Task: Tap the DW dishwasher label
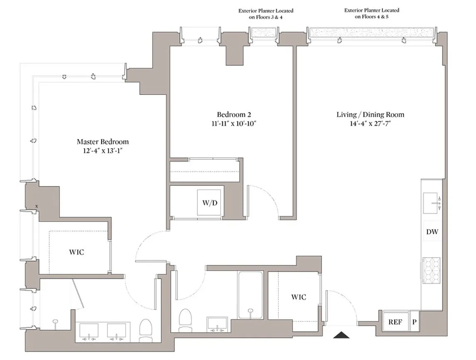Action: (x=432, y=232)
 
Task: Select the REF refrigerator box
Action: (x=395, y=322)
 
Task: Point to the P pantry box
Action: (x=414, y=322)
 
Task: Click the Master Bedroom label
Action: (x=103, y=142)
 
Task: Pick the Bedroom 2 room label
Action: (x=234, y=114)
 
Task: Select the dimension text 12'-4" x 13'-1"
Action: (x=103, y=151)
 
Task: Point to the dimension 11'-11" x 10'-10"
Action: (x=234, y=123)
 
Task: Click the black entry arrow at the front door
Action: (x=341, y=334)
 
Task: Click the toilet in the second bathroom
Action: (x=184, y=320)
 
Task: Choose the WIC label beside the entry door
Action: (x=298, y=297)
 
